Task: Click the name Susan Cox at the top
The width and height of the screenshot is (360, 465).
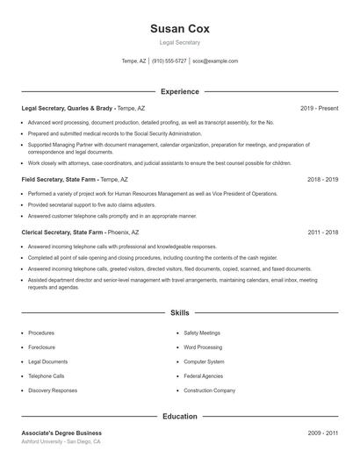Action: coord(179,28)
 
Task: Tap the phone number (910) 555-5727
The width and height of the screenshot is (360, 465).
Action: coord(169,61)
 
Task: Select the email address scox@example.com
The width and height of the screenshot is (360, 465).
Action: coord(215,61)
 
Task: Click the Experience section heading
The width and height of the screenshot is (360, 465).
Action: coord(179,91)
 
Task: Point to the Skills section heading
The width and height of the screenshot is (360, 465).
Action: coord(179,312)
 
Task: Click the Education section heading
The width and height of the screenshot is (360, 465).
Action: coord(179,417)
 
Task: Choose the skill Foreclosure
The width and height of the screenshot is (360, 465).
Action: coord(43,347)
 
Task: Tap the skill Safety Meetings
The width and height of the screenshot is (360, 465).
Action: coord(202,333)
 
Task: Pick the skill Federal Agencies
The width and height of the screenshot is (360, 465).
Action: coord(203,376)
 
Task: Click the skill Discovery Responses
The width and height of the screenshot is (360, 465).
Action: coord(53,390)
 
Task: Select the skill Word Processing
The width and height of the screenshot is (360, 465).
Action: coord(203,347)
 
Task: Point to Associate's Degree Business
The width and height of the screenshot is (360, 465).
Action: coord(61,433)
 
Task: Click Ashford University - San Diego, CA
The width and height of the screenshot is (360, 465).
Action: coord(61,442)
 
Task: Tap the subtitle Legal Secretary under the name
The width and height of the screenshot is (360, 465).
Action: coord(179,42)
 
